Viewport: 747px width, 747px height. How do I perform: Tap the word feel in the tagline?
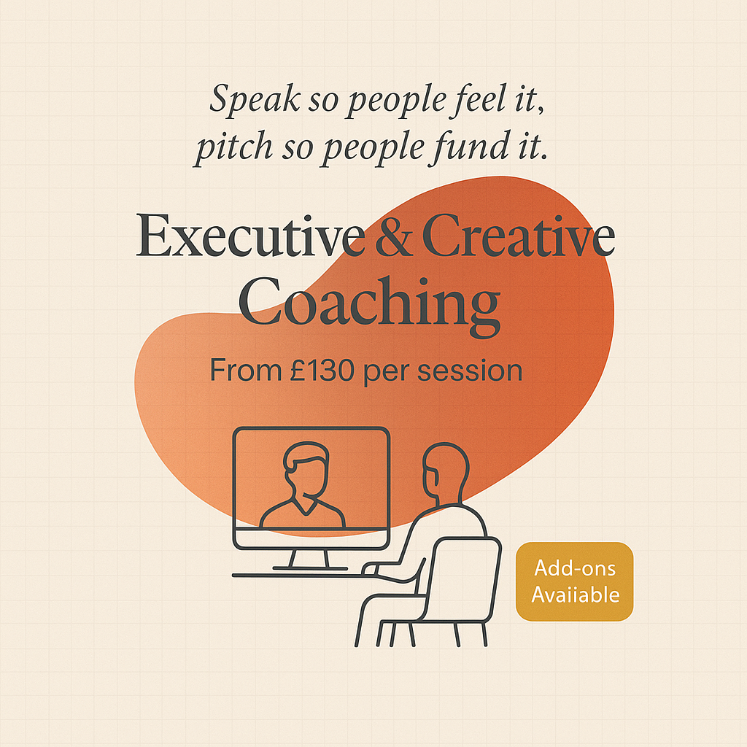[477, 98]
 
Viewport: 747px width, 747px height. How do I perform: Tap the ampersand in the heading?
[394, 236]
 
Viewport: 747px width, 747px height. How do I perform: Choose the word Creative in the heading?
[519, 236]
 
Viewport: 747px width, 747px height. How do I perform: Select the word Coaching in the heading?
[369, 305]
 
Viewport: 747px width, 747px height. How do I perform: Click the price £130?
[322, 370]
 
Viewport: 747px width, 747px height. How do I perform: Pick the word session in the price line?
[470, 371]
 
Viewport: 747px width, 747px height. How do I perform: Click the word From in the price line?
[246, 370]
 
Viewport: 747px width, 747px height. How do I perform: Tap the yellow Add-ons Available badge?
[575, 581]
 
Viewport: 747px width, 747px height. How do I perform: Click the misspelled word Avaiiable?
[576, 595]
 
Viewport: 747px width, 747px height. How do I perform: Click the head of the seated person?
[446, 472]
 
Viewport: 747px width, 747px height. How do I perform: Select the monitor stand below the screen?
[309, 560]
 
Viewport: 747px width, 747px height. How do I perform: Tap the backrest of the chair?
[462, 578]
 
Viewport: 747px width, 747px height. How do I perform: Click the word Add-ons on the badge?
[575, 568]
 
